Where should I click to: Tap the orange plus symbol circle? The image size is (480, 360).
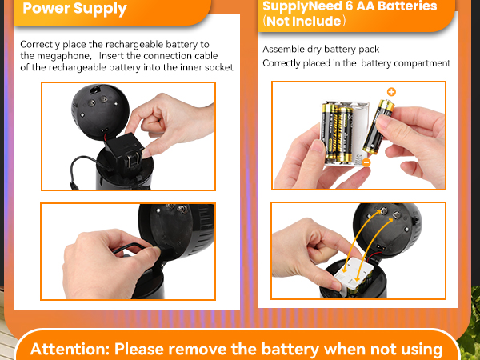[391, 92]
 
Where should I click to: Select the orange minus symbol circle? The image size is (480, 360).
[366, 162]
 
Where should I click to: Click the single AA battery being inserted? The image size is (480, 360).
[374, 128]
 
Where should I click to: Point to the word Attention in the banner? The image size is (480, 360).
[68, 349]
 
